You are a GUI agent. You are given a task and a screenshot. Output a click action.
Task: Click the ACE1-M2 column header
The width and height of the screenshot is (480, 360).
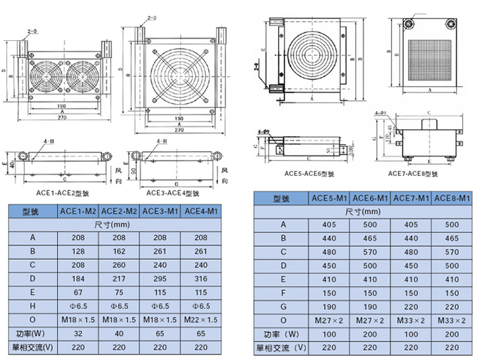tap(78, 210)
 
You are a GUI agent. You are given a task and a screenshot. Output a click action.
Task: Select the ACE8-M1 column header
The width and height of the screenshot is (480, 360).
tap(452, 198)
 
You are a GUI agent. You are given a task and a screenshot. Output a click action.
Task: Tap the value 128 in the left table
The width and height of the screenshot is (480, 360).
tap(78, 251)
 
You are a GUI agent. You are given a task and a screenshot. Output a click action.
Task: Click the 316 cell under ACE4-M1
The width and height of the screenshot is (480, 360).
tap(201, 278)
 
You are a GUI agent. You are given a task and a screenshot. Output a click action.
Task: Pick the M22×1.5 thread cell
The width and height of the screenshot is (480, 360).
tap(201, 319)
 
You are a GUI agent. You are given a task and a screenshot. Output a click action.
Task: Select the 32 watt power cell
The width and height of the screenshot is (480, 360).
tap(78, 332)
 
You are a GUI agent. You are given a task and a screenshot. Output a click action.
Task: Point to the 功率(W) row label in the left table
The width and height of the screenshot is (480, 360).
tap(32, 332)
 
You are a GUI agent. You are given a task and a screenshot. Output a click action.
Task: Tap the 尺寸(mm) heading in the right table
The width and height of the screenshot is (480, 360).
tap(364, 211)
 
